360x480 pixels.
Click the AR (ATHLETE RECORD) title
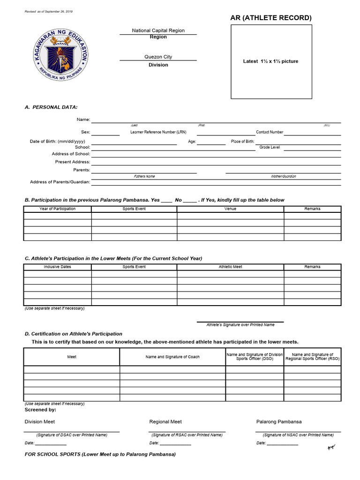tap(271, 18)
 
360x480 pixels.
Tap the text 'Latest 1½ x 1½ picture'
tap(270, 61)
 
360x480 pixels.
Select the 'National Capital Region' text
tap(158, 30)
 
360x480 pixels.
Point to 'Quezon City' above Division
tap(158, 57)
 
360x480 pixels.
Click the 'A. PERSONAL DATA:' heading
tap(51, 107)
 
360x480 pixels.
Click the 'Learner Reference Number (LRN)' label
tap(158, 132)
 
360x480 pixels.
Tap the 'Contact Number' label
tap(269, 132)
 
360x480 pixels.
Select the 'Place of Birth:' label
tap(243, 142)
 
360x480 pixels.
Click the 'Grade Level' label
tap(270, 147)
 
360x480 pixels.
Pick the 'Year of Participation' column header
tap(57, 209)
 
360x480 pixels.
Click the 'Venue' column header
tap(230, 209)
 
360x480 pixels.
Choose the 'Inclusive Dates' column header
tap(57, 267)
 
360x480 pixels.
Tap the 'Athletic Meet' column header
tap(230, 267)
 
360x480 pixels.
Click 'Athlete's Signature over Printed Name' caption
tap(240, 325)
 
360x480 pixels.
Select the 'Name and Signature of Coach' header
tap(172, 357)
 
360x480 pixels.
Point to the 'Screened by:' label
tap(40, 410)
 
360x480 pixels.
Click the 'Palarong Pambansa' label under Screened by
tap(279, 422)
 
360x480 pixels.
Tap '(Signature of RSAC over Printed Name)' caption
tap(187, 435)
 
